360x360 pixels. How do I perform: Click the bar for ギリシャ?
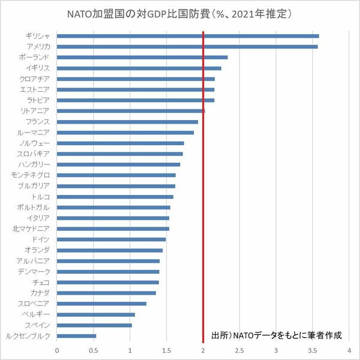coord(188,36)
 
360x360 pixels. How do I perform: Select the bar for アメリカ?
coord(187,46)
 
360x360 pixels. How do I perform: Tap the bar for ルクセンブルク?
coord(76,336)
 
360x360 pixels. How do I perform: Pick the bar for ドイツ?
coord(111,239)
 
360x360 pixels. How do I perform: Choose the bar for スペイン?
coord(94,325)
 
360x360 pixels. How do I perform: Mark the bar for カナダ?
coord(106,293)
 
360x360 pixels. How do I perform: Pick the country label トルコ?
coord(41,197)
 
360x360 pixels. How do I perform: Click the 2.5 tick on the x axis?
coord(239,349)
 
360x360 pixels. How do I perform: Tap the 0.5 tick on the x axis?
coord(93,349)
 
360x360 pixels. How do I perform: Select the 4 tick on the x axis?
coord(349,349)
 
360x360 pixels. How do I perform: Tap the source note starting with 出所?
coord(280,335)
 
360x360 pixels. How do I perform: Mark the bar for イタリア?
coord(113,218)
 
